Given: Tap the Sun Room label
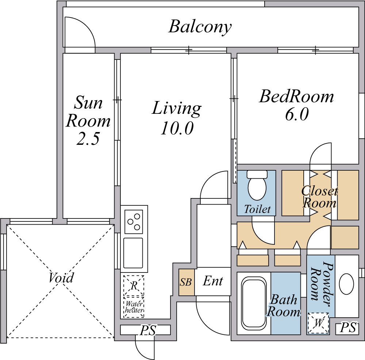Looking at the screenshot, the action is (x=88, y=112).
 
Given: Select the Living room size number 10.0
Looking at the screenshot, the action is (x=177, y=128).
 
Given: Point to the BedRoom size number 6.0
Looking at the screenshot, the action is (x=297, y=114).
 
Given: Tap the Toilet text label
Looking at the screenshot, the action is (x=257, y=209).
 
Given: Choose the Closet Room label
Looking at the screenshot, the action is (x=319, y=197).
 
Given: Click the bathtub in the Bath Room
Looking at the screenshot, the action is (x=254, y=303).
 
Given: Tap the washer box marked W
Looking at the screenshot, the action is (x=318, y=323).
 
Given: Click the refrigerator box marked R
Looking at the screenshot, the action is (x=134, y=286).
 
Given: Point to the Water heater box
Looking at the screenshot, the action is (x=134, y=307).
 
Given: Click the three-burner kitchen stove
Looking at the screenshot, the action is (x=134, y=222).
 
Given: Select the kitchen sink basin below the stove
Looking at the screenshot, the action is (x=133, y=253).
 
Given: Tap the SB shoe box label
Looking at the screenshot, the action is (x=186, y=282).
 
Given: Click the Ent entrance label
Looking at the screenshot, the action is (x=213, y=281).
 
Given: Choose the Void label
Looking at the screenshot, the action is (x=61, y=278).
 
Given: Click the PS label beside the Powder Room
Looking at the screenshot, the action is (x=348, y=328).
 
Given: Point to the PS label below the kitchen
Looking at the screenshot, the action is (x=147, y=330).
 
